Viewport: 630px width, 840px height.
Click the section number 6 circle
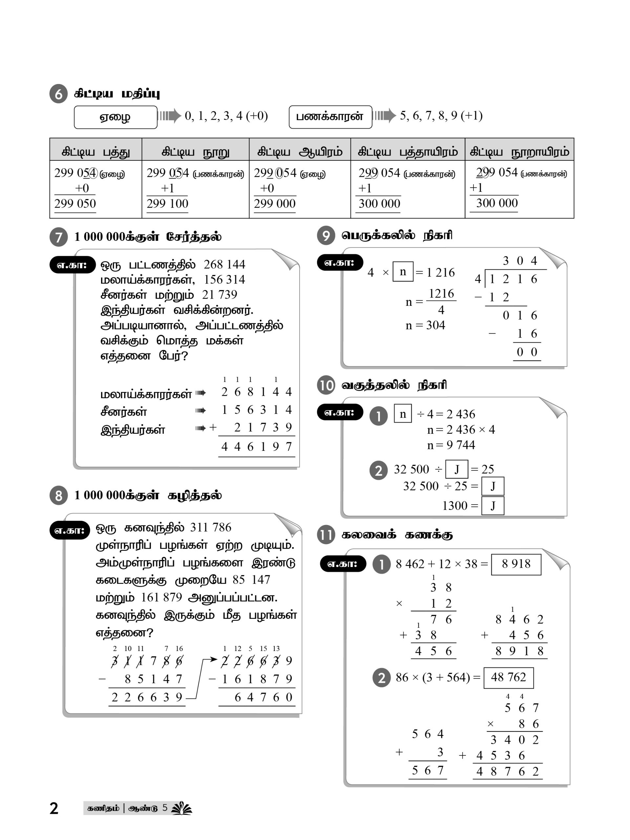pos(58,94)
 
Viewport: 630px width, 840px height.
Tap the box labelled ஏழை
pos(115,117)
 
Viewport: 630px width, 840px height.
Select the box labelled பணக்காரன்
pos(330,116)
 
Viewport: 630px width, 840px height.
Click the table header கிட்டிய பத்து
pos(96,152)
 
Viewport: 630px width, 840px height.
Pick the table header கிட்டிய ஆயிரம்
pos(300,152)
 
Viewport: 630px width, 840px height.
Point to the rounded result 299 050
pos(75,204)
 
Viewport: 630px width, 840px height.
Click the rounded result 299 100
pos(167,204)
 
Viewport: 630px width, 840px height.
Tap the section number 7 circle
pos(58,237)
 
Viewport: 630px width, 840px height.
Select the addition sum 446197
pos(256,447)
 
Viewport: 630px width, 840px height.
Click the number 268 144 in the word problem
pos(224,264)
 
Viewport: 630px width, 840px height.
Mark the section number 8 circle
pos(58,495)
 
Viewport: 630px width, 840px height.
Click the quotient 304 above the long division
pos(519,261)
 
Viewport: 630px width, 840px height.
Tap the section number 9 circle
pos(326,236)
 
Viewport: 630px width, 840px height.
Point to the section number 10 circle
pos(326,386)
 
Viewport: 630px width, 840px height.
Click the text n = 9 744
pos(451,445)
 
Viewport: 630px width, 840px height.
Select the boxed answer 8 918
pos(516,564)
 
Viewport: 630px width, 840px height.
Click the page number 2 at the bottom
pos(54,808)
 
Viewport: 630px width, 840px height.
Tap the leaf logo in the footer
pos(181,808)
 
